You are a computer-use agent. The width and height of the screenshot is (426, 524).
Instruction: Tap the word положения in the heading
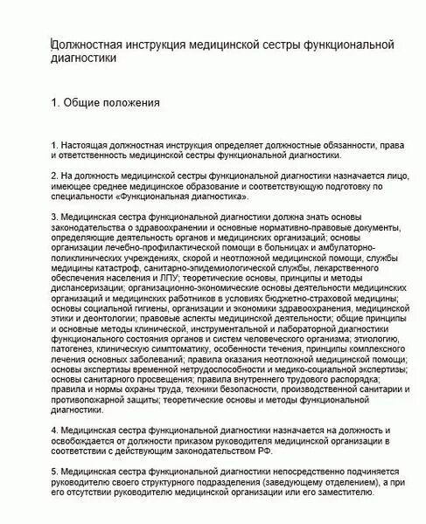coord(131,103)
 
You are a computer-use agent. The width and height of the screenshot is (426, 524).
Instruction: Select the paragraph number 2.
coord(54,175)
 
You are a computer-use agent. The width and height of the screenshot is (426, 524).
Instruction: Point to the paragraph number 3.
coord(54,216)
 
